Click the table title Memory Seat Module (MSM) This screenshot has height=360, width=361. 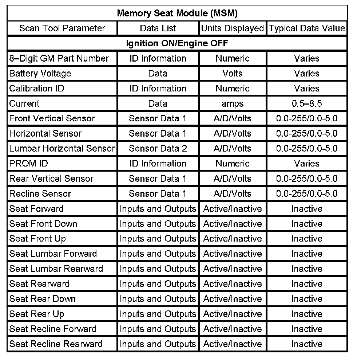tap(177, 13)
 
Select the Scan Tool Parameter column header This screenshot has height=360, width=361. tap(62, 28)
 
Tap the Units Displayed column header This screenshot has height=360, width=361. tap(232, 28)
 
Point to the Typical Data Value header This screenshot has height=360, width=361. tap(307, 28)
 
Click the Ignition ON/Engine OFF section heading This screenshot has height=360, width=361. tap(177, 43)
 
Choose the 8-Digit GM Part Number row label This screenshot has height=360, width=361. tap(59, 58)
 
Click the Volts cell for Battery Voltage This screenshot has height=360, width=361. tap(232, 73)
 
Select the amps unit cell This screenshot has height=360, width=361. tap(232, 103)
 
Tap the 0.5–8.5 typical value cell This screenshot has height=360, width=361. tap(307, 103)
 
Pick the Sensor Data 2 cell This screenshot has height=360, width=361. tap(158, 148)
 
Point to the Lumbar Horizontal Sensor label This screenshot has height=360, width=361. tap(62, 148)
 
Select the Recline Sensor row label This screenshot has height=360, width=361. tap(40, 193)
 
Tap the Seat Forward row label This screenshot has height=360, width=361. tap(36, 208)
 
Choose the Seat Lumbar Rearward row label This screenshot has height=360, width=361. tap(56, 269)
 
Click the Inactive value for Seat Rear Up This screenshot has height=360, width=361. tap(307, 314)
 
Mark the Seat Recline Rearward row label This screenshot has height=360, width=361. tap(56, 344)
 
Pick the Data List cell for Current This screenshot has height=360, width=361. tap(158, 103)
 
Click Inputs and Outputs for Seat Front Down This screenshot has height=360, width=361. tap(158, 223)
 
